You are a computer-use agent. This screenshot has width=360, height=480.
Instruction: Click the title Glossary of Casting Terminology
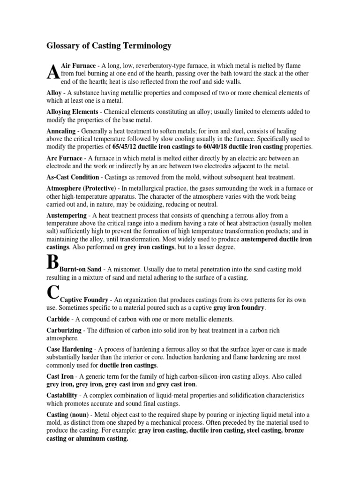(109, 46)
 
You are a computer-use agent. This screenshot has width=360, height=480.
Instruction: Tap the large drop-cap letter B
(52, 263)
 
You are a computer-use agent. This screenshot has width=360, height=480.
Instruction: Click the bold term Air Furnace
(78, 66)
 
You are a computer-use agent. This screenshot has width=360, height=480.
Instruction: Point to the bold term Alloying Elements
(72, 112)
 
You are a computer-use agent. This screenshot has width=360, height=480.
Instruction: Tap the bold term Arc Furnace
(64, 158)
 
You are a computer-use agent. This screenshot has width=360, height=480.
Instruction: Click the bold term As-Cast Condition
(73, 177)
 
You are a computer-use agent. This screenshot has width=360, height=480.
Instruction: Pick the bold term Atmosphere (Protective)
(81, 188)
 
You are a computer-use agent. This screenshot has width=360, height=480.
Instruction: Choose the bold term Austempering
(66, 215)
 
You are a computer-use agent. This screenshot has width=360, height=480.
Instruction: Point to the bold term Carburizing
(64, 330)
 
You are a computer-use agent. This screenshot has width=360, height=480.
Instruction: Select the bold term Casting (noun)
(68, 415)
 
